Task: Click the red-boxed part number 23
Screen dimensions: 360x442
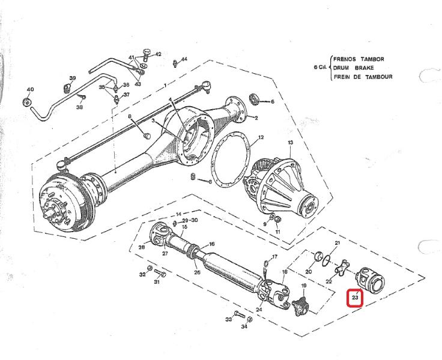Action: point(355,297)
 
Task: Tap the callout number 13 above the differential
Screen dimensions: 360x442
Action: point(290,143)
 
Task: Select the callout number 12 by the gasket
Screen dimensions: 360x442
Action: point(261,137)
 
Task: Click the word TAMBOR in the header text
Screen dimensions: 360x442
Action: point(371,59)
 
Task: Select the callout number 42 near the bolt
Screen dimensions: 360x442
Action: point(158,54)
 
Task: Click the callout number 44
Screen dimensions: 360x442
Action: point(184,59)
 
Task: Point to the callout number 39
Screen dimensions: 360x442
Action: point(72,79)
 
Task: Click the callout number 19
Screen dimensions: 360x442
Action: point(304,286)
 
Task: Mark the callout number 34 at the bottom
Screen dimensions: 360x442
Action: point(244,328)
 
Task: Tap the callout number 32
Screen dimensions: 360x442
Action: point(142,275)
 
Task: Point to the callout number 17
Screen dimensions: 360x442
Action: point(275,257)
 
